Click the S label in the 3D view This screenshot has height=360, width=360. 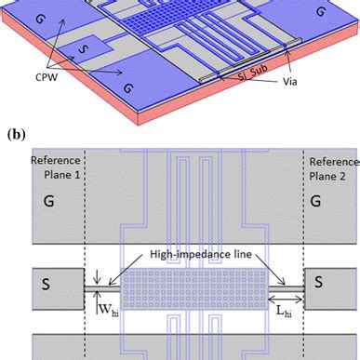click(58, 46)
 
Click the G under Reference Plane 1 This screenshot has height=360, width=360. click(39, 199)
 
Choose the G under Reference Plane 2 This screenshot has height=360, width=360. click(316, 199)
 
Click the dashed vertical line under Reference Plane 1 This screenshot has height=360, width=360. click(85, 242)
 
